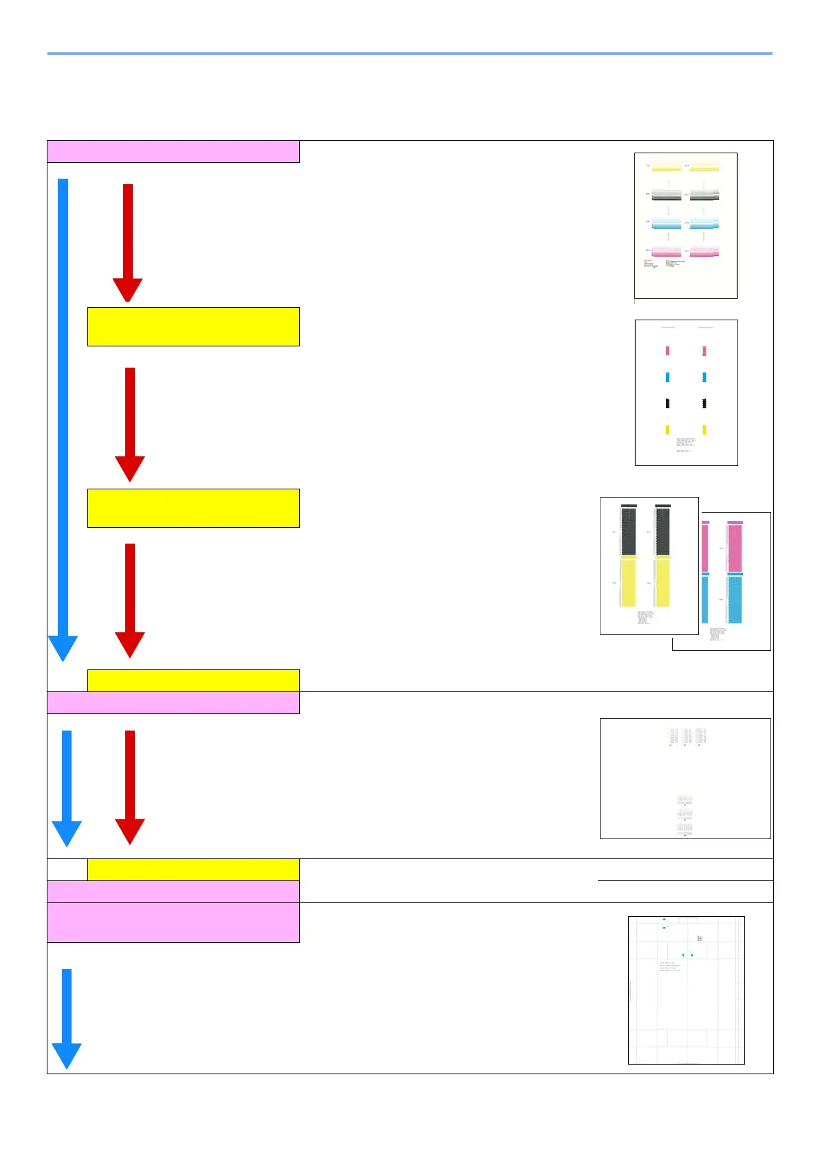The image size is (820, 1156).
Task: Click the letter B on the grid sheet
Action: click(x=700, y=939)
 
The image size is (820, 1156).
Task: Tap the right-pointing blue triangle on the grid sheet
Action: click(x=692, y=955)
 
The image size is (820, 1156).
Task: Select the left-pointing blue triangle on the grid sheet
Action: click(x=682, y=955)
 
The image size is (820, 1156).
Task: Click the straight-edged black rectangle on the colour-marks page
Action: click(x=667, y=403)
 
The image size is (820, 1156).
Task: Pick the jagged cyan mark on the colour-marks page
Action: click(x=704, y=377)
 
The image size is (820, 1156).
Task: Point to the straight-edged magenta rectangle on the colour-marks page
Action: click(x=667, y=351)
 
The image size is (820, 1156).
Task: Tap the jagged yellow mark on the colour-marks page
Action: click(x=704, y=430)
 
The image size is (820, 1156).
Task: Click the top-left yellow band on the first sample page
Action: click(x=666, y=167)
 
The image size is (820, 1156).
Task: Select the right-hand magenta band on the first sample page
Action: click(x=704, y=252)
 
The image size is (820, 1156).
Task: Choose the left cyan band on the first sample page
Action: click(x=666, y=224)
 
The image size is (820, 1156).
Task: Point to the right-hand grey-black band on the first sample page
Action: click(x=704, y=195)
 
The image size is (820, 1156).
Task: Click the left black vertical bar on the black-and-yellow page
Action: click(x=629, y=531)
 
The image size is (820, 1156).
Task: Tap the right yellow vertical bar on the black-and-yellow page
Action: click(x=662, y=583)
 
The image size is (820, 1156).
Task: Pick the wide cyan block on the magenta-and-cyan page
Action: click(x=735, y=599)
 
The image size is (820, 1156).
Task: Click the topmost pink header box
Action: click(x=173, y=151)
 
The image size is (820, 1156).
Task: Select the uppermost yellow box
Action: click(x=193, y=326)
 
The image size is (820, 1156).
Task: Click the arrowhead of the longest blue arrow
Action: click(x=63, y=647)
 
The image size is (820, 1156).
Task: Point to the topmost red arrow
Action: click(x=128, y=241)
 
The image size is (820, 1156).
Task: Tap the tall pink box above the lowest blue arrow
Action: click(x=173, y=922)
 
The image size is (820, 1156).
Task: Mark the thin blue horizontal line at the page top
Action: click(x=409, y=54)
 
